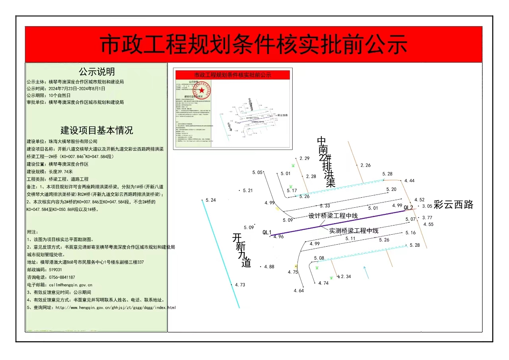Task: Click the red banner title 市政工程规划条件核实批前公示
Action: click(253, 45)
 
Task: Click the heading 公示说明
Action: click(97, 72)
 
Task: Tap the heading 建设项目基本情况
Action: click(97, 130)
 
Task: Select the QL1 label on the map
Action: click(267, 232)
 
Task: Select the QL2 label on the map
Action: click(408, 208)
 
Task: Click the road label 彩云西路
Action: click(453, 205)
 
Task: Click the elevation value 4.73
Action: click(240, 285)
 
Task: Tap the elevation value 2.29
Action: click(304, 158)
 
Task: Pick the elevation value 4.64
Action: click(299, 291)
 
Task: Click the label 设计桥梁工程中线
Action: click(333, 216)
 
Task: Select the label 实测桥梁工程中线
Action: click(354, 231)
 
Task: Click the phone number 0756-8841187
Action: click(62, 277)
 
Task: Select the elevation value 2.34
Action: click(346, 276)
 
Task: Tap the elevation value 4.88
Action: click(269, 267)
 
